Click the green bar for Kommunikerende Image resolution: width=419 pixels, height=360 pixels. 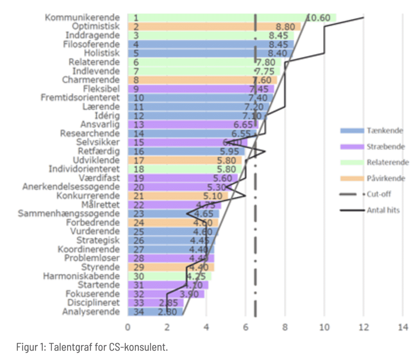pyautogui.click(x=217, y=18)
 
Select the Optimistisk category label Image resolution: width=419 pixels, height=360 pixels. pyautogui.click(x=96, y=26)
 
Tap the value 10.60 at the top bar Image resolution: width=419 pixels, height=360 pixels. pyautogui.click(x=318, y=18)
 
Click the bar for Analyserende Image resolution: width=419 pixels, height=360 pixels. pyautogui.click(x=155, y=312)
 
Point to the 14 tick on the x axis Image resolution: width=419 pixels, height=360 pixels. pyautogui.click(x=403, y=327)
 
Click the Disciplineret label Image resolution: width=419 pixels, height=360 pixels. pyautogui.click(x=94, y=303)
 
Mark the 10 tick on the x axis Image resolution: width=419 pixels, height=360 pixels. pyautogui.click(x=324, y=327)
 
